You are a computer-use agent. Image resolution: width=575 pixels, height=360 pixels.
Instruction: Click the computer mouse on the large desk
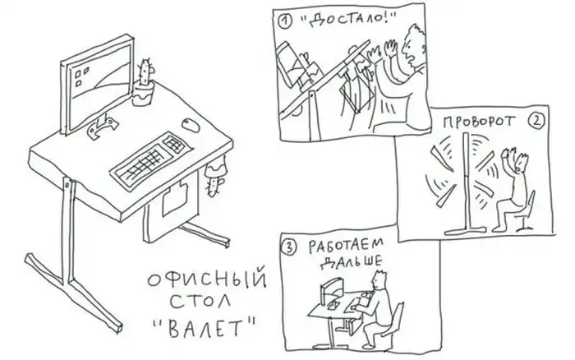(x=191, y=125)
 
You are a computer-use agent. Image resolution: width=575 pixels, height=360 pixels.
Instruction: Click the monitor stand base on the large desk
(x=103, y=127)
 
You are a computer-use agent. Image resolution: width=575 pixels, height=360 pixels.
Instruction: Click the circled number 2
(x=536, y=121)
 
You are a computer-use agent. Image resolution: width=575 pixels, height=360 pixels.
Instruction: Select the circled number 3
(x=289, y=247)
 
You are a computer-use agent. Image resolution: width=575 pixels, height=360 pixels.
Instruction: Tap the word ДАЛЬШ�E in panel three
(x=351, y=262)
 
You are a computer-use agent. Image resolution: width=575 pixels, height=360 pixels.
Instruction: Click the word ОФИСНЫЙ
(x=207, y=279)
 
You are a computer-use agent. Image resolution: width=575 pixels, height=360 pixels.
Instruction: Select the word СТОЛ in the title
(x=200, y=302)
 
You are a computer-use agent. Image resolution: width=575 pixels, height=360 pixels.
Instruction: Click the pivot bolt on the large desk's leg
(x=67, y=185)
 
